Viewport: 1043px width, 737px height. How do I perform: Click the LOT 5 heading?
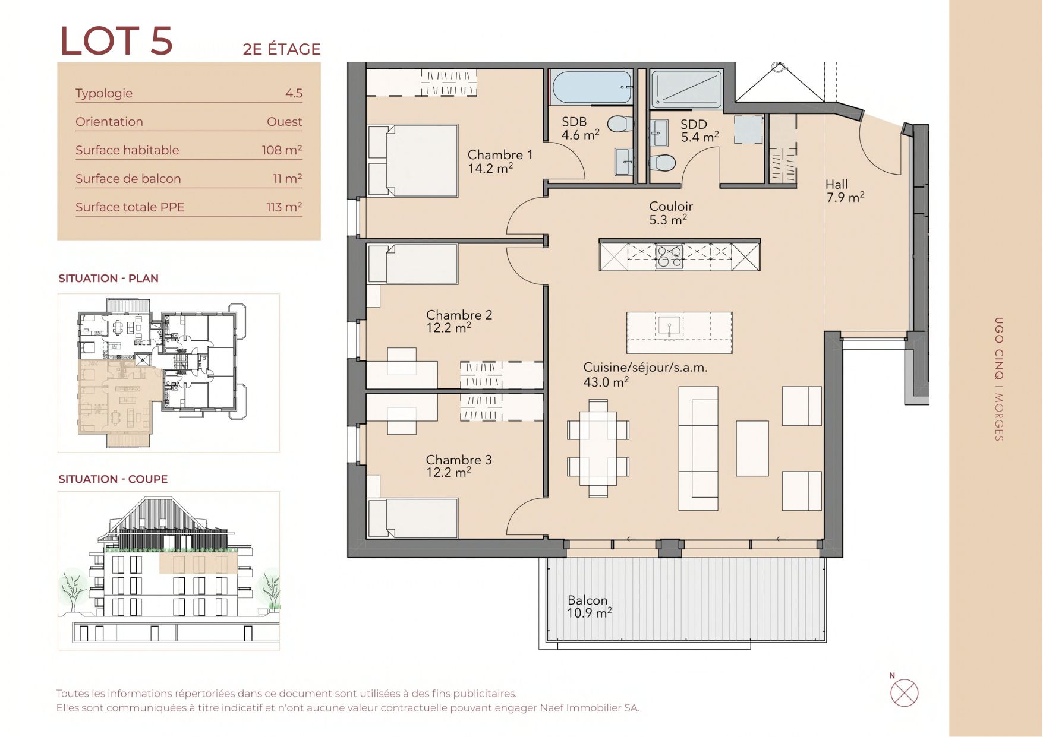[x=116, y=41]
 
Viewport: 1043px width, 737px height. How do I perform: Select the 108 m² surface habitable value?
[x=282, y=150]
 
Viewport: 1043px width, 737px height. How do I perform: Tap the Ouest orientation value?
[x=284, y=122]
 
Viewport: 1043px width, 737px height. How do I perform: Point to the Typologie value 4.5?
[x=294, y=93]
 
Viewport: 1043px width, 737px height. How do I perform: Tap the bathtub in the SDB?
[x=592, y=87]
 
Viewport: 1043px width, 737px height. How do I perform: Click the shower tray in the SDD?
[x=686, y=90]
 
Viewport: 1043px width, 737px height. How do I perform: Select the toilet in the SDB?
[x=620, y=124]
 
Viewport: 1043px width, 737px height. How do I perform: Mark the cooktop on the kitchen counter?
[x=669, y=256]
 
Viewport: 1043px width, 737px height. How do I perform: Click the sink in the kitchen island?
[x=669, y=326]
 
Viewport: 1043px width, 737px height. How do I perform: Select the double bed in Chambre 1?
[x=413, y=160]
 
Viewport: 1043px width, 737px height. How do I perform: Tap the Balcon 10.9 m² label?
[x=589, y=606]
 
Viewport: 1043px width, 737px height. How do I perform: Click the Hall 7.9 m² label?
[x=845, y=191]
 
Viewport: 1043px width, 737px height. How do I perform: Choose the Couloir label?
[x=671, y=206]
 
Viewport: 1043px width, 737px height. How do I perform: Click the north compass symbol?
[x=904, y=692]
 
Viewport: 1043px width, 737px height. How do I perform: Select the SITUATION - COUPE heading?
[x=113, y=479]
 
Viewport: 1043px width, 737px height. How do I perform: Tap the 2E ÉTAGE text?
[x=282, y=49]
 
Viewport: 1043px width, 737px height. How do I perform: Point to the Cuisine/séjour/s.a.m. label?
[x=645, y=368]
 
